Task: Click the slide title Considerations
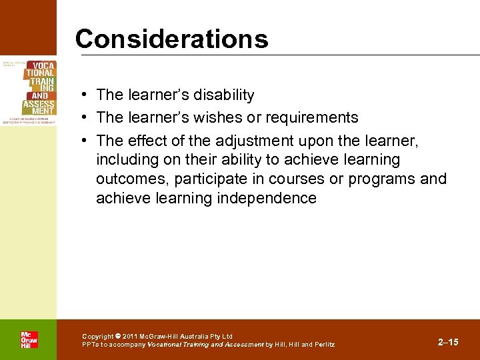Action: (x=171, y=39)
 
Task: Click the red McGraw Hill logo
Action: (x=29, y=340)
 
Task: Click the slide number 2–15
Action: (x=448, y=342)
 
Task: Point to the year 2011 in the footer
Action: (x=131, y=336)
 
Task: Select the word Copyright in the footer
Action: (x=97, y=336)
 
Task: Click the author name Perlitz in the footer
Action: (x=324, y=345)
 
